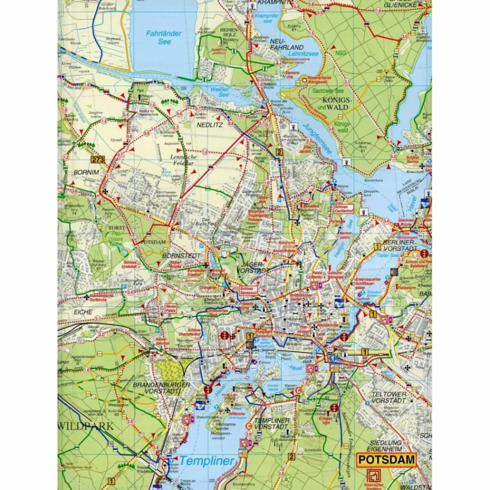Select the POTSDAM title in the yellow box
pos(387,460)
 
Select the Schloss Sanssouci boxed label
pos(249,290)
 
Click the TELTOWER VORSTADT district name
pos(389,397)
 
